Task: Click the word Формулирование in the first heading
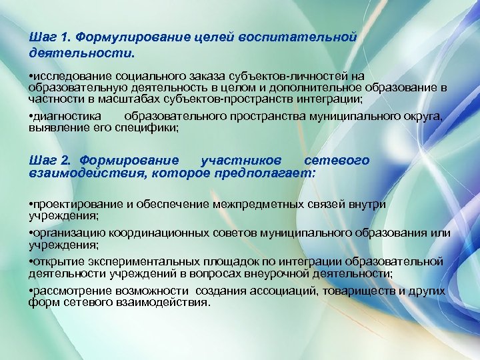tap(126, 37)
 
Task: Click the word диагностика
tap(67, 117)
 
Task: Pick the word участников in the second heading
tap(241, 161)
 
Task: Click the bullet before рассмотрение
tap(31, 292)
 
